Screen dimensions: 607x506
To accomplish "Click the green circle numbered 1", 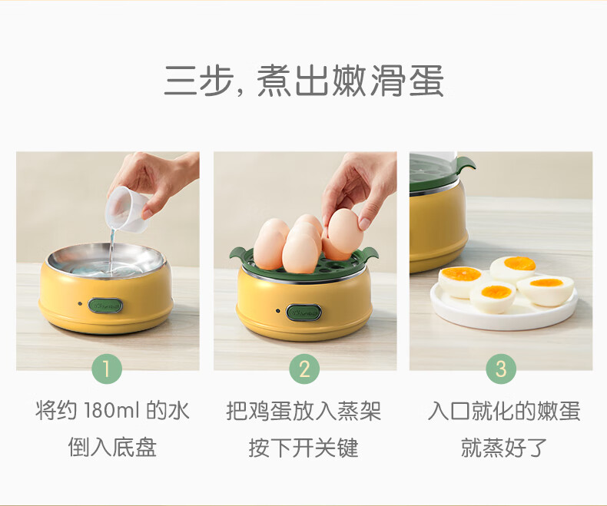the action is pos(107,369).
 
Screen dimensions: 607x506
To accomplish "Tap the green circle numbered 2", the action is pos(304,369).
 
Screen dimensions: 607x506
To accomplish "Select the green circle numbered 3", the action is pos(501,369).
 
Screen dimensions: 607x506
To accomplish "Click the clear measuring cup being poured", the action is pos(128,210).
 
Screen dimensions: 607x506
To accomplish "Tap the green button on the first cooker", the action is pos(105,306).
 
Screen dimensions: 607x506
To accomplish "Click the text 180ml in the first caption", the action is pos(111,411).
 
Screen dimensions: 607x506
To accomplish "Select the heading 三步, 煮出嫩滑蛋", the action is pos(304,81).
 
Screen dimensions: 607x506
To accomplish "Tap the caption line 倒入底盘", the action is pos(112,448).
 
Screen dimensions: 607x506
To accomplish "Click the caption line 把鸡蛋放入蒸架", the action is pos(304,411).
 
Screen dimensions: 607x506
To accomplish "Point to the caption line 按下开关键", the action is pos(304,448).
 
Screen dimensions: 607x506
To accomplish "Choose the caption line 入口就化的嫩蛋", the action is pos(504,411).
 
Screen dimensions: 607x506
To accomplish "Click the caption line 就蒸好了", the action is pos(504,448).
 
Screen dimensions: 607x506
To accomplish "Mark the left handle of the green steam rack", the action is pos(237,255).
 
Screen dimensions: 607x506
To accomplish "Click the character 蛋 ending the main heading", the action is pos(426,81).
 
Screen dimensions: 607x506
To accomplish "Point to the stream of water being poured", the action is pos(112,250).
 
